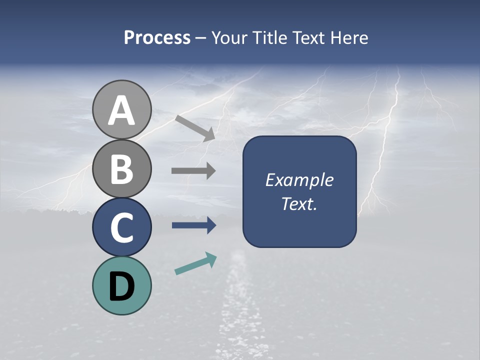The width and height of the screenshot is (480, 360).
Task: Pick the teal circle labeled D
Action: pyautogui.click(x=121, y=285)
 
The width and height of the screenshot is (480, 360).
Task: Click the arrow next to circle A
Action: pyautogui.click(x=195, y=127)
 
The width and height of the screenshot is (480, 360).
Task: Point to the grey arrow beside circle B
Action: pyautogui.click(x=193, y=171)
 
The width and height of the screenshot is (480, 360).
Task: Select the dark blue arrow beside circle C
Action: pyautogui.click(x=194, y=225)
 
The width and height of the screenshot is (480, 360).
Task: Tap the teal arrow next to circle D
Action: pyautogui.click(x=195, y=263)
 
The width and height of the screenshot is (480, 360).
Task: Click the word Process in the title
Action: pyautogui.click(x=157, y=38)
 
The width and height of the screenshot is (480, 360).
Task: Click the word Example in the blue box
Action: pyautogui.click(x=299, y=180)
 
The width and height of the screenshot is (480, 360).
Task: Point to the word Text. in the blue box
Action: pyautogui.click(x=299, y=204)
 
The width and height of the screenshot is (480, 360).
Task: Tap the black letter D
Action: pyautogui.click(x=121, y=286)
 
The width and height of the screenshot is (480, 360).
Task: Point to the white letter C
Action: pyautogui.click(x=121, y=228)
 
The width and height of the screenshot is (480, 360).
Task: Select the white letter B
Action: pyautogui.click(x=121, y=169)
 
